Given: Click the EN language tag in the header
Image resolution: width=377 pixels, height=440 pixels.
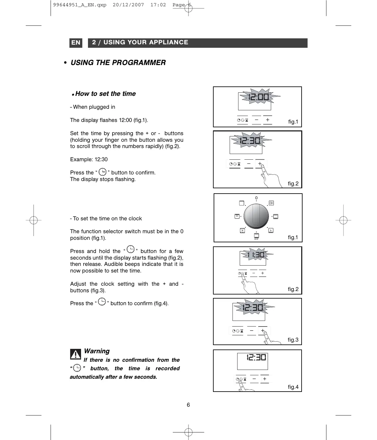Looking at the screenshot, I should (76, 43).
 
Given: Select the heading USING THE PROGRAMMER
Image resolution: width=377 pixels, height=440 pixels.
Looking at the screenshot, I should (118, 63).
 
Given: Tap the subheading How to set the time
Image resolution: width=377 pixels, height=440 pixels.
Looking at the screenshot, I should (105, 94).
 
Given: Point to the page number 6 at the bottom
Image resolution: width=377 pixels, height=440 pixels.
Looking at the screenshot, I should (188, 405).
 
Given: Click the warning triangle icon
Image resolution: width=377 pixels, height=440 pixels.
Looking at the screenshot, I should (75, 355).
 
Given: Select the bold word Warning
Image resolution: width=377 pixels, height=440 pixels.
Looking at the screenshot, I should (97, 351).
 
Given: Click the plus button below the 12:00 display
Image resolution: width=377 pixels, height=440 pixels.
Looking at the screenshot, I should (267, 120).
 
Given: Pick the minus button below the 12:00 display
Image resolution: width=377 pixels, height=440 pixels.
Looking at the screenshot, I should (257, 120).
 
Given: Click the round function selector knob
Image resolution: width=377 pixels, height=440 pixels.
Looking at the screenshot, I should (256, 217).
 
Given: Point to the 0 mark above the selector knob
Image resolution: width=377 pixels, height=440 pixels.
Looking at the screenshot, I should (256, 198).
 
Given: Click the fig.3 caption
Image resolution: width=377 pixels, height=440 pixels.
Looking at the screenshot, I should (293, 340).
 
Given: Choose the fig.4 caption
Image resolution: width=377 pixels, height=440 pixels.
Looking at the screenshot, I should (293, 387).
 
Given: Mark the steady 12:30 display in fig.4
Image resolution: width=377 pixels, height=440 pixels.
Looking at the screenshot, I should (256, 357).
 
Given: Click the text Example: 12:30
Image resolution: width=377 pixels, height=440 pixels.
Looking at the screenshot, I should (89, 159).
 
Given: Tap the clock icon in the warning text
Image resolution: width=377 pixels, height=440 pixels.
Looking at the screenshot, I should (76, 368).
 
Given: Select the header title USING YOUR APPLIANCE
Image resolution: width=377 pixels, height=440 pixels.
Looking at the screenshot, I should (140, 42).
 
